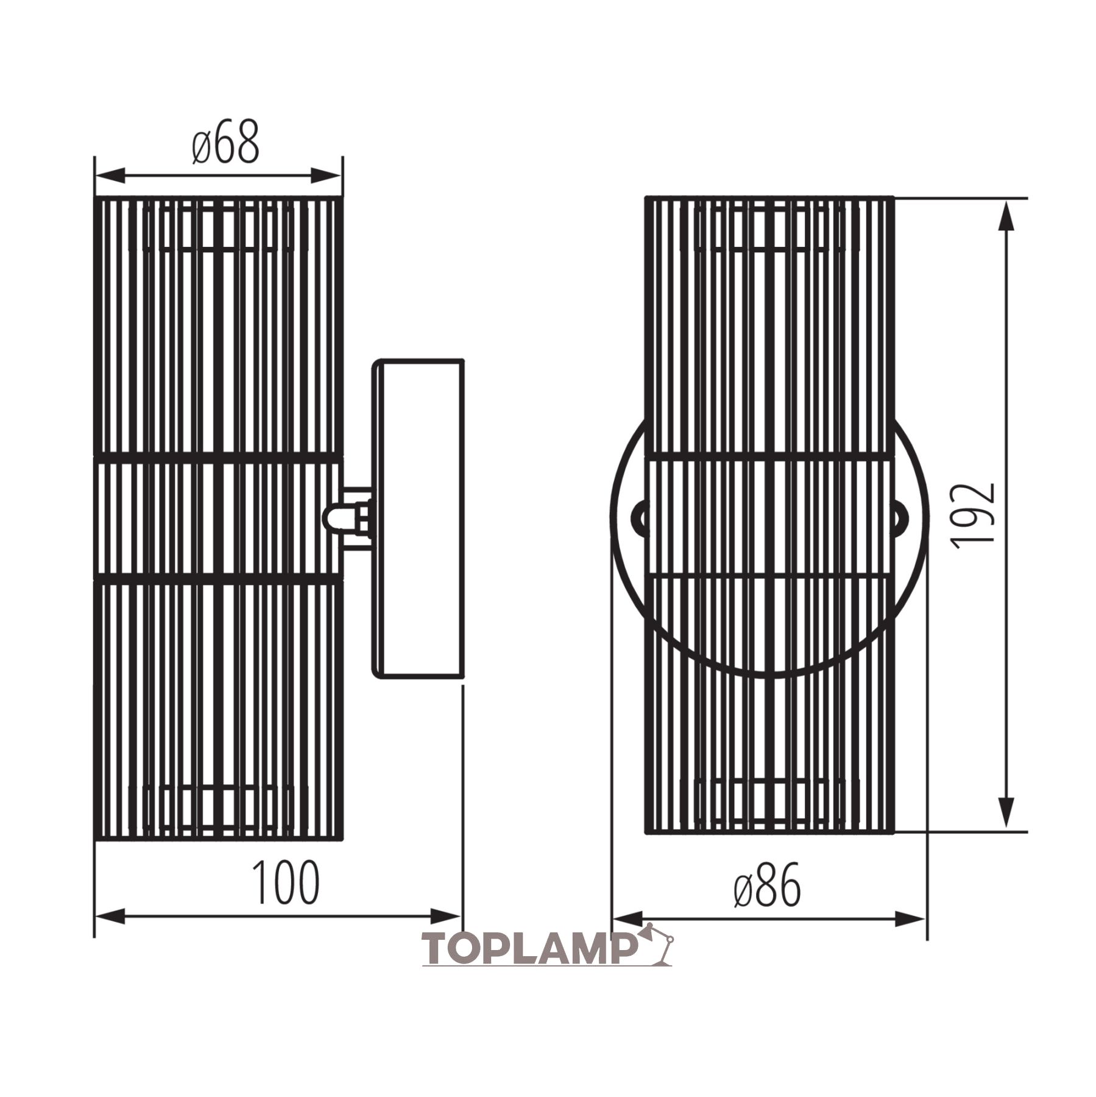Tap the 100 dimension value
(286, 883)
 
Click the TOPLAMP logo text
(529, 949)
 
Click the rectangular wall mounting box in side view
(419, 517)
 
